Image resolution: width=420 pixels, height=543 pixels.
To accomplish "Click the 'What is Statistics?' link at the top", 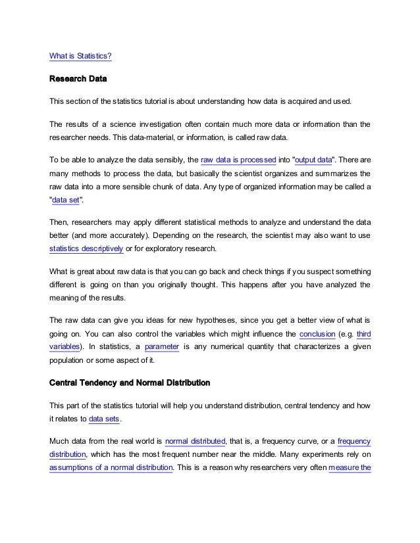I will [x=81, y=57].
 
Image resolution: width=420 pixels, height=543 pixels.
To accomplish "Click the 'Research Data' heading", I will [x=78, y=80].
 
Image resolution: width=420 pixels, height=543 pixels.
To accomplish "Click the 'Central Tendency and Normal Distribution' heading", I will [x=130, y=382].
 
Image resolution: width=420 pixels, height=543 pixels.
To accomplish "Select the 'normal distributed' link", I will [x=196, y=440].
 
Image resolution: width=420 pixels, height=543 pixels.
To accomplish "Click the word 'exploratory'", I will [x=193, y=250].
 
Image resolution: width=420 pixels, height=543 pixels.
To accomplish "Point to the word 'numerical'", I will [x=229, y=346].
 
